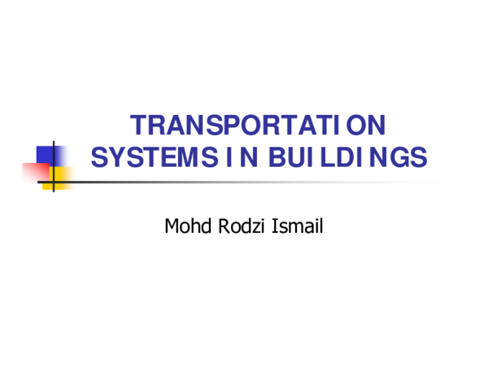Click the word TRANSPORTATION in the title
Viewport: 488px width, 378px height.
tap(258, 126)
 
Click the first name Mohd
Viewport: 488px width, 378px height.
tap(186, 226)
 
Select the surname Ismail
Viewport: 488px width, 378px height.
tap(299, 226)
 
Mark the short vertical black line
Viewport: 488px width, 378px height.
tap(54, 166)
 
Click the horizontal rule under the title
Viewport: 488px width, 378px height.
tap(244, 182)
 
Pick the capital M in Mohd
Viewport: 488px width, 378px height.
tap(172, 226)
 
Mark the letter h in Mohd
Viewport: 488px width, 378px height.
tap(192, 226)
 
